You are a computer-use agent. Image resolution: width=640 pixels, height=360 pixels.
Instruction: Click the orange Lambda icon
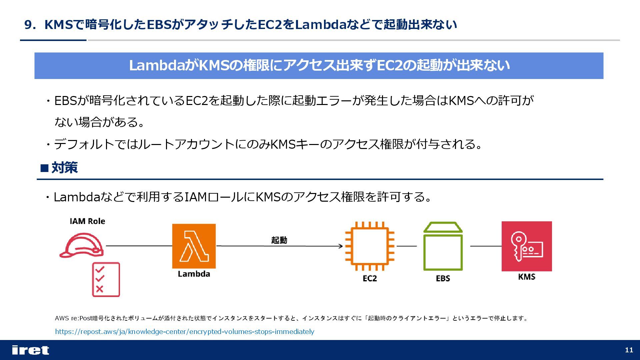pyautogui.click(x=194, y=246)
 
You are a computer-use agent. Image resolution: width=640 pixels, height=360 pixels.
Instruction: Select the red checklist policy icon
pyautogui.click(x=106, y=280)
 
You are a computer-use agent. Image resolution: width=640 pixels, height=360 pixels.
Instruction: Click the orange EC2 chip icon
pyautogui.click(x=370, y=246)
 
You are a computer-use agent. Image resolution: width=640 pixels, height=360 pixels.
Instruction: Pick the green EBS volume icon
pyautogui.click(x=443, y=247)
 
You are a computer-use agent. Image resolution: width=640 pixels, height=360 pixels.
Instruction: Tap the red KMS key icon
pyautogui.click(x=527, y=246)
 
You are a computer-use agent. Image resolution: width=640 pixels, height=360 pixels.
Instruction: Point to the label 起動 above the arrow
pyautogui.click(x=279, y=240)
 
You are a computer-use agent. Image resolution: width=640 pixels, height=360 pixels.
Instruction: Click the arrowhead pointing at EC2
pyautogui.click(x=341, y=246)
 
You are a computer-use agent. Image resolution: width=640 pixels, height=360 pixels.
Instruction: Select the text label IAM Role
pyautogui.click(x=87, y=221)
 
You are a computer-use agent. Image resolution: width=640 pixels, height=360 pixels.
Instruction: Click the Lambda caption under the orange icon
pyautogui.click(x=194, y=274)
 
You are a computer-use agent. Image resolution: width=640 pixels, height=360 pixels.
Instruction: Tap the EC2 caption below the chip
pyautogui.click(x=370, y=278)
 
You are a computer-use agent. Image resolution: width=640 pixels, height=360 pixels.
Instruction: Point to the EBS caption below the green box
pyautogui.click(x=443, y=278)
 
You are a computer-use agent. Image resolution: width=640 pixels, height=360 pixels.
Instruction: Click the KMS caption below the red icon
pyautogui.click(x=527, y=277)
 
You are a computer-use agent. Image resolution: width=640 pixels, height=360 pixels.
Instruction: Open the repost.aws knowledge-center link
pyautogui.click(x=184, y=332)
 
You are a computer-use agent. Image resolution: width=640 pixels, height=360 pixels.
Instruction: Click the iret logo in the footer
pyautogui.click(x=30, y=350)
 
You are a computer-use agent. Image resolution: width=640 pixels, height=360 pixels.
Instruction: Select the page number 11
pyautogui.click(x=629, y=350)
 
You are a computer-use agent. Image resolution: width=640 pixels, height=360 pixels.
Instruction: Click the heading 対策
pyautogui.click(x=64, y=168)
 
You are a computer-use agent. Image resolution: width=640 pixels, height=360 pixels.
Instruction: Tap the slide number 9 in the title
pyautogui.click(x=28, y=25)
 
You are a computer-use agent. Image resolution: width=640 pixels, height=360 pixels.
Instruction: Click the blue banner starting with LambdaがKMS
pyautogui.click(x=319, y=66)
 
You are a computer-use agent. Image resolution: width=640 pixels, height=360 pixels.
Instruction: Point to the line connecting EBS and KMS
pyautogui.click(x=486, y=246)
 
